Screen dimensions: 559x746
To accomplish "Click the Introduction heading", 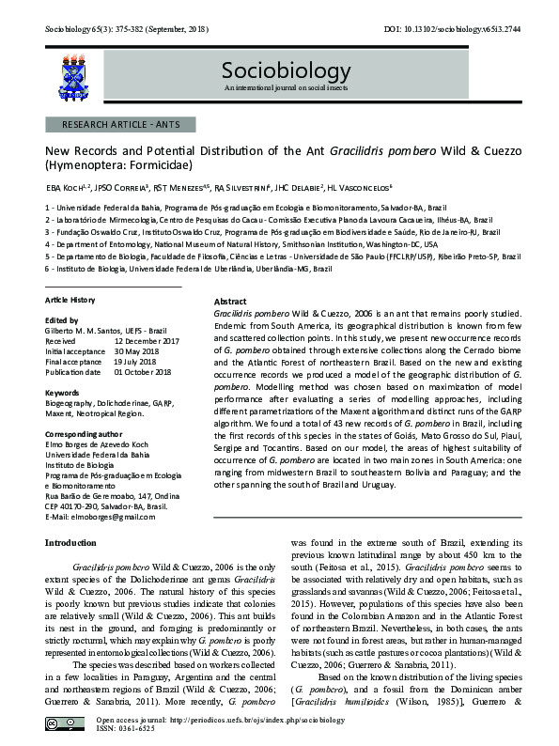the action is click(75, 542).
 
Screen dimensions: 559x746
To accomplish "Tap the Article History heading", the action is click(70, 299).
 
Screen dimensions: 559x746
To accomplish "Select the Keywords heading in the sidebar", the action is click(62, 391).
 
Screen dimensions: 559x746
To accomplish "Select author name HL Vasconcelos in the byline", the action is click(385, 188).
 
